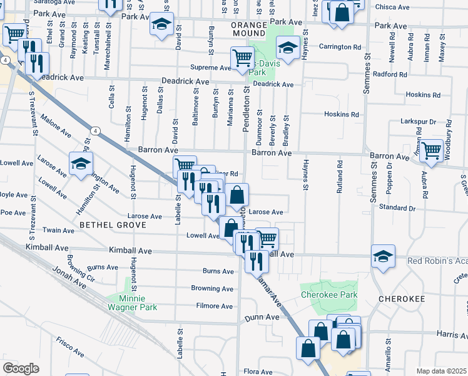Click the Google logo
pyautogui.click(x=21, y=368)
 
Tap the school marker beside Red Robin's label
pyautogui.click(x=383, y=256)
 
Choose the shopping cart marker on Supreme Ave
pyautogui.click(x=242, y=59)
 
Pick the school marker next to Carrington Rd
pyautogui.click(x=287, y=48)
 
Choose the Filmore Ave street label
pyautogui.click(x=215, y=306)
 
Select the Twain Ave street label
pyautogui.click(x=63, y=231)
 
